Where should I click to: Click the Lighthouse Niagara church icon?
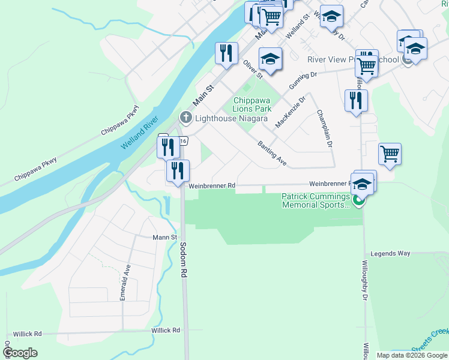(186, 117)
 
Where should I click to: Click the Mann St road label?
(165, 238)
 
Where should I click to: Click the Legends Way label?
(390, 254)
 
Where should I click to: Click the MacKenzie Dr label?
(291, 112)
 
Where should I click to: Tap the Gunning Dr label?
(303, 80)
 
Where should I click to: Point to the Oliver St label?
(252, 69)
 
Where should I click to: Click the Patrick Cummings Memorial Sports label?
(316, 200)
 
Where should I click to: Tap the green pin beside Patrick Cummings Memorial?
(358, 200)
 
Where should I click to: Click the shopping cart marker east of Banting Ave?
(390, 154)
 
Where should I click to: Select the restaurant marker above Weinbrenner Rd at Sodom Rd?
(177, 171)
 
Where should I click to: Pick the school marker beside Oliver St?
(270, 59)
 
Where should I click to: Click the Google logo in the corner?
(20, 352)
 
